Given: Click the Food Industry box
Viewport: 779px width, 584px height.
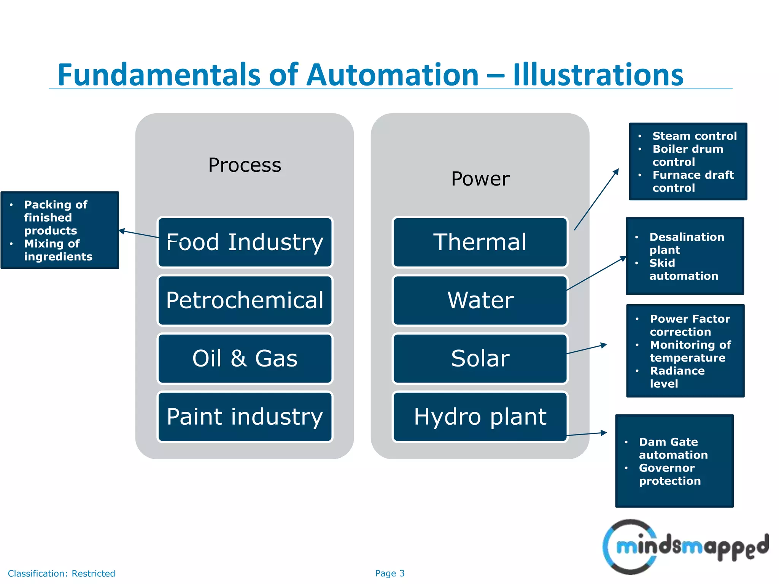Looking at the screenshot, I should click(x=245, y=242).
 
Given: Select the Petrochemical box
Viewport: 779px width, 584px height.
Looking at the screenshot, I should click(x=245, y=300).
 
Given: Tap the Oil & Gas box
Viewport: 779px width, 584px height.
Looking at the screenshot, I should click(x=245, y=359).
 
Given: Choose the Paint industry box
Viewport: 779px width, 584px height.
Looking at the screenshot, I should click(x=245, y=417).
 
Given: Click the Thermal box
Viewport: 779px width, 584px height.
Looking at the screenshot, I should click(x=480, y=242).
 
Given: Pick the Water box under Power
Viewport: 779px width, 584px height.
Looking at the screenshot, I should click(x=480, y=300).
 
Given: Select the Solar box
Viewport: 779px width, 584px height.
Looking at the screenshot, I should click(x=480, y=359).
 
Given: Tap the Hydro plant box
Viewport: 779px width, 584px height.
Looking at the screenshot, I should click(x=480, y=417).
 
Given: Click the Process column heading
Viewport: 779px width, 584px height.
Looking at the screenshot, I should click(x=245, y=165).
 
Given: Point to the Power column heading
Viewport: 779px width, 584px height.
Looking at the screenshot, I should click(x=480, y=179).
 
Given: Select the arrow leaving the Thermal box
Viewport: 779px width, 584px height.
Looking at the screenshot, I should click(x=596, y=200).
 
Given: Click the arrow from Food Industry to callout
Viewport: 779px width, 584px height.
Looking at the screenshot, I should click(x=139, y=234).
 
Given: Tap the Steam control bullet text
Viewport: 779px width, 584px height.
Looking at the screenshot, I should click(x=694, y=136).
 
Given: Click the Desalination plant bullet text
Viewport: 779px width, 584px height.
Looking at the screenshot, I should click(x=686, y=243).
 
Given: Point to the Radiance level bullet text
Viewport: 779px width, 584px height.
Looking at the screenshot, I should click(x=677, y=377).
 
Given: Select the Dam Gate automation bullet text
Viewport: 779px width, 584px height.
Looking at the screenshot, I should click(x=673, y=448).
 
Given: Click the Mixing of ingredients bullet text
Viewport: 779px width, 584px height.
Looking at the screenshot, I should click(x=58, y=250).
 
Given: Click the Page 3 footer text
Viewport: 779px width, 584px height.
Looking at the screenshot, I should click(x=389, y=573).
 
